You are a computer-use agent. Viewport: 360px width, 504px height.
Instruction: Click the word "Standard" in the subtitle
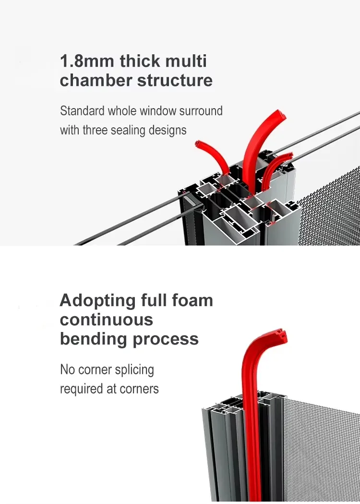tap(82, 111)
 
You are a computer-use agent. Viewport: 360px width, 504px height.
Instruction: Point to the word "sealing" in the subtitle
tap(138, 130)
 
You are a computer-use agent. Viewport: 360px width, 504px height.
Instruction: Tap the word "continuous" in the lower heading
tap(106, 320)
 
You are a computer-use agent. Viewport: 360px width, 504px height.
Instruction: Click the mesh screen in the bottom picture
tap(322, 447)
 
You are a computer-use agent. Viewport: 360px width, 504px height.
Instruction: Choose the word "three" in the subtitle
tap(98, 130)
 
